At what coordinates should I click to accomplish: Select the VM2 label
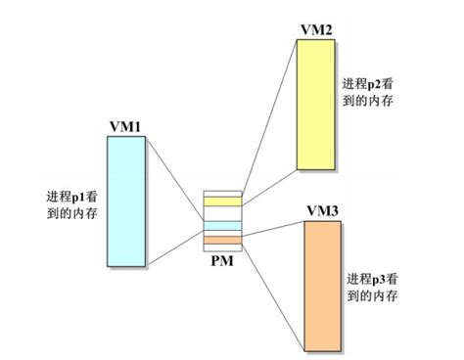tap(317, 30)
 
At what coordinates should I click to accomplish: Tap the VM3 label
tap(324, 211)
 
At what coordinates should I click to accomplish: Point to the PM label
tap(221, 260)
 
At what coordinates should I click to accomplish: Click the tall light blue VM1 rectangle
tap(127, 202)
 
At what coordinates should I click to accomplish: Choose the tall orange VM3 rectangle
tap(324, 284)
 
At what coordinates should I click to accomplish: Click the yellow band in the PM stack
tap(221, 202)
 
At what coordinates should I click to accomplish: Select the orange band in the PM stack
tap(221, 240)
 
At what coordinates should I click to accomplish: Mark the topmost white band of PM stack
tap(221, 194)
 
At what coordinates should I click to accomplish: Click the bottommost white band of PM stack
tap(221, 247)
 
